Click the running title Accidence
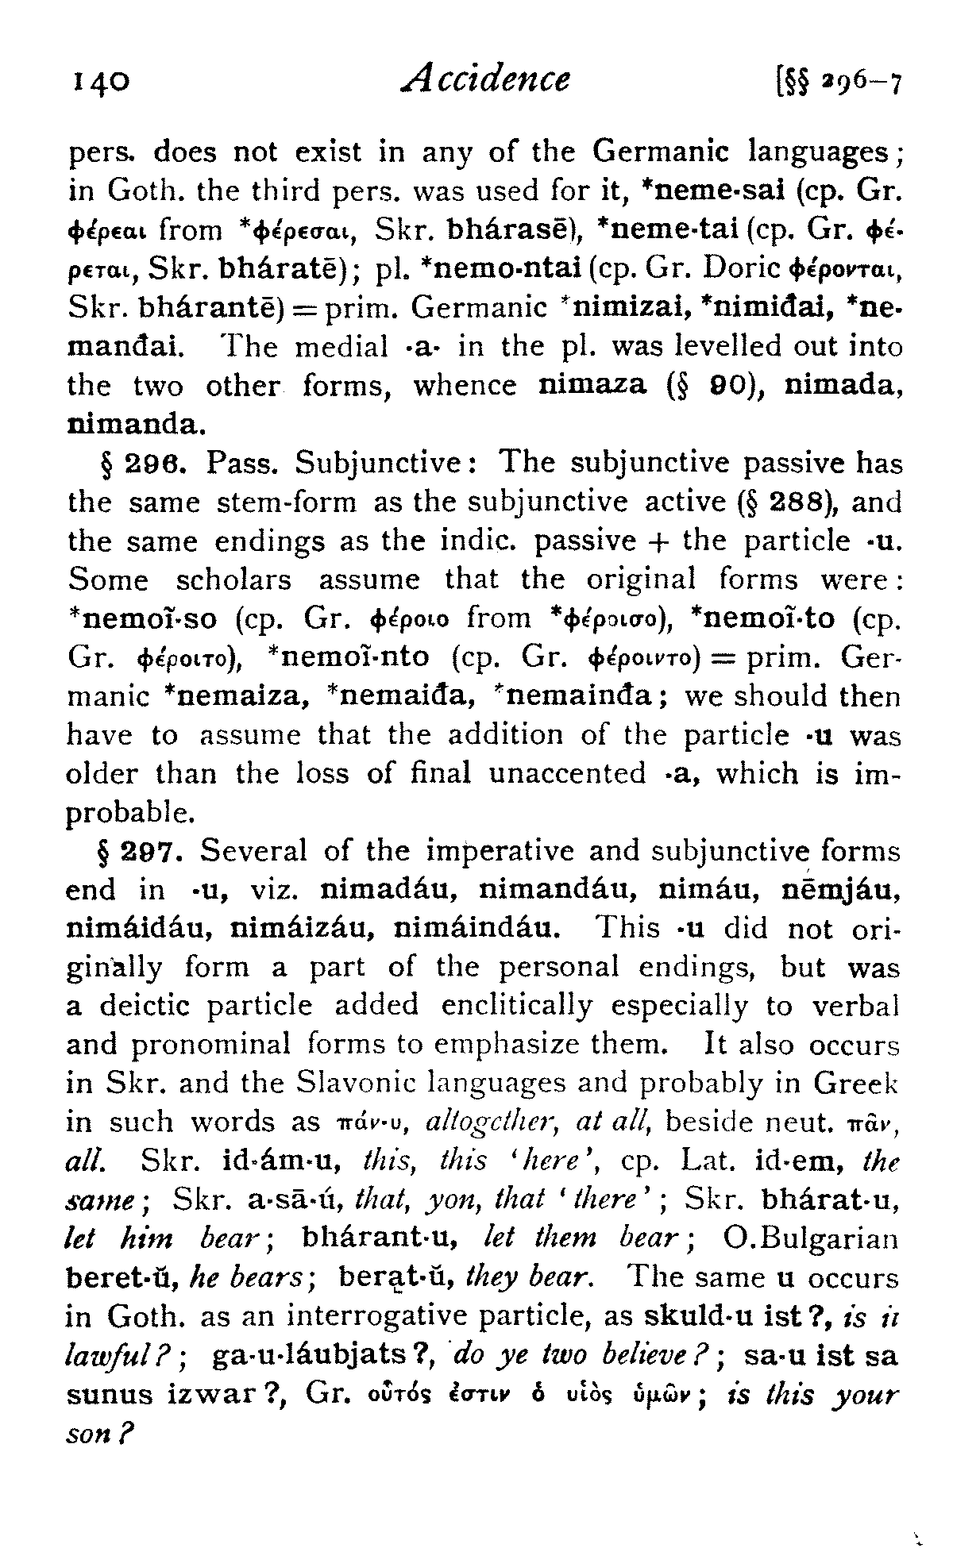(x=485, y=79)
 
